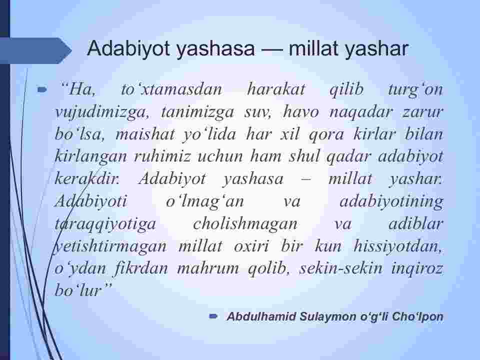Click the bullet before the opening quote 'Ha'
pyautogui.click(x=42, y=89)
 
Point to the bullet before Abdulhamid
pyautogui.click(x=213, y=316)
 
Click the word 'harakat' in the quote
pyautogui.click(x=276, y=89)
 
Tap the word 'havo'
pyautogui.click(x=301, y=111)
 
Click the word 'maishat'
pyautogui.click(x=145, y=134)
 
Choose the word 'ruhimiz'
pyautogui.click(x=162, y=156)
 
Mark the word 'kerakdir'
pyautogui.click(x=87, y=179)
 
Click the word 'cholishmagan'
pyautogui.click(x=245, y=224)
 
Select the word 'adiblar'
pyautogui.click(x=416, y=224)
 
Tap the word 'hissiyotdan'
pyautogui.click(x=398, y=246)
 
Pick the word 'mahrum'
pyautogui.click(x=208, y=268)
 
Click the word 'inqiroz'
pyautogui.click(x=417, y=269)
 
